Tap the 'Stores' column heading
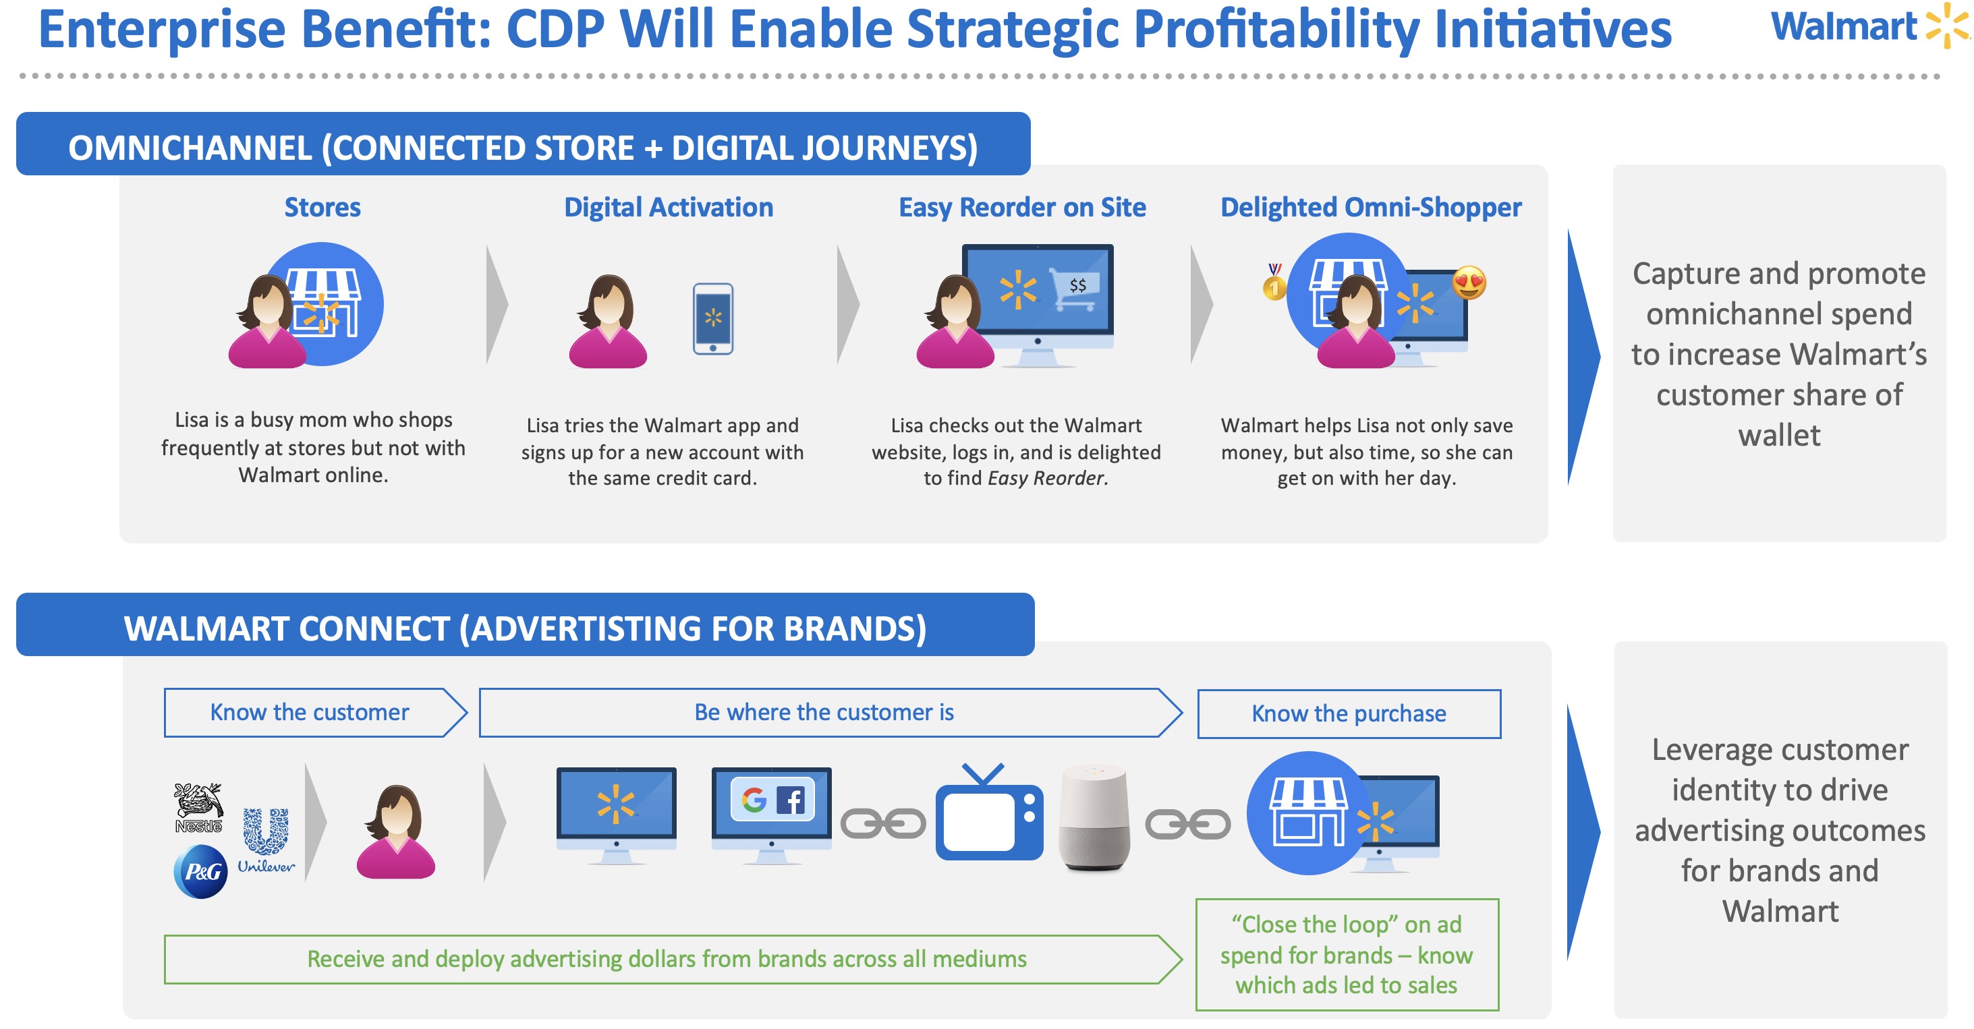coord(322,207)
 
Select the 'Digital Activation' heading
coord(668,208)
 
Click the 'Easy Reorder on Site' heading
coord(1022,208)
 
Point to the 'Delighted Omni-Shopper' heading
coord(1371,208)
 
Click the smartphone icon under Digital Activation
coord(712,319)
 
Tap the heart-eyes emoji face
coord(1469,283)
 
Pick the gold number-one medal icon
coord(1274,282)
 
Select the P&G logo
coord(201,871)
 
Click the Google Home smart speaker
coord(1094,817)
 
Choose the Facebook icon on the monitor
coord(791,800)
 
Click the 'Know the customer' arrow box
coord(315,713)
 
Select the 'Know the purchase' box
coord(1349,714)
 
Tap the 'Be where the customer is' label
coord(824,713)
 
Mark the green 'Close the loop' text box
coord(1347,955)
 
